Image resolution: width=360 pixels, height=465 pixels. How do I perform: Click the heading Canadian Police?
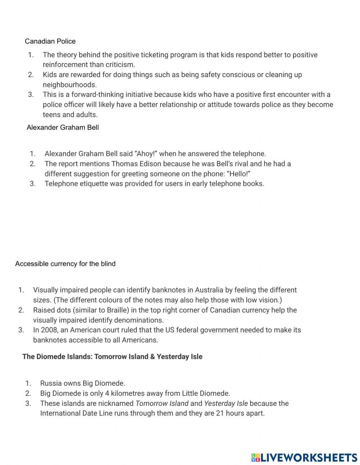click(50, 41)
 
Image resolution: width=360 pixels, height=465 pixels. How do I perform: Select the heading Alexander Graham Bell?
click(63, 128)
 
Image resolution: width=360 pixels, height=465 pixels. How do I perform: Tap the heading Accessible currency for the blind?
click(65, 264)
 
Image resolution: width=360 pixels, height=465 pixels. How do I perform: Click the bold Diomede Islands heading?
click(112, 357)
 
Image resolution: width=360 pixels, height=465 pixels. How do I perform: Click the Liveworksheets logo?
click(304, 457)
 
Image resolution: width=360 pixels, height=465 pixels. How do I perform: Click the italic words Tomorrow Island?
click(162, 403)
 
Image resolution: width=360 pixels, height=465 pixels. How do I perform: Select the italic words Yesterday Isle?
click(226, 403)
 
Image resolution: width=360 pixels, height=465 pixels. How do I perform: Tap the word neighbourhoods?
click(69, 85)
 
